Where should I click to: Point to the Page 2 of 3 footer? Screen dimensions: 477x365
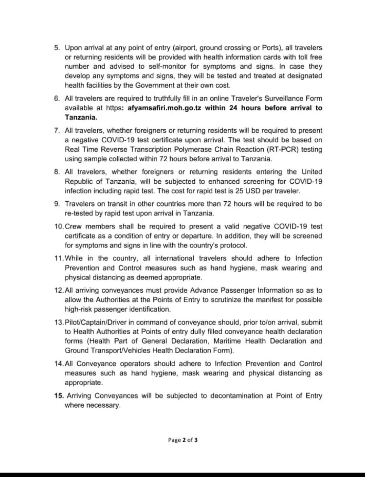pos(182,440)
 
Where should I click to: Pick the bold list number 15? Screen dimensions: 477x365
pos(59,395)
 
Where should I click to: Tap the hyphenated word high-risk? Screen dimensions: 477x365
pos(80,309)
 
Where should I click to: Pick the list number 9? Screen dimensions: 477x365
pos(57,204)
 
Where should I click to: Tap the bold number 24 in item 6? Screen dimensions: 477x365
pos(233,108)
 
